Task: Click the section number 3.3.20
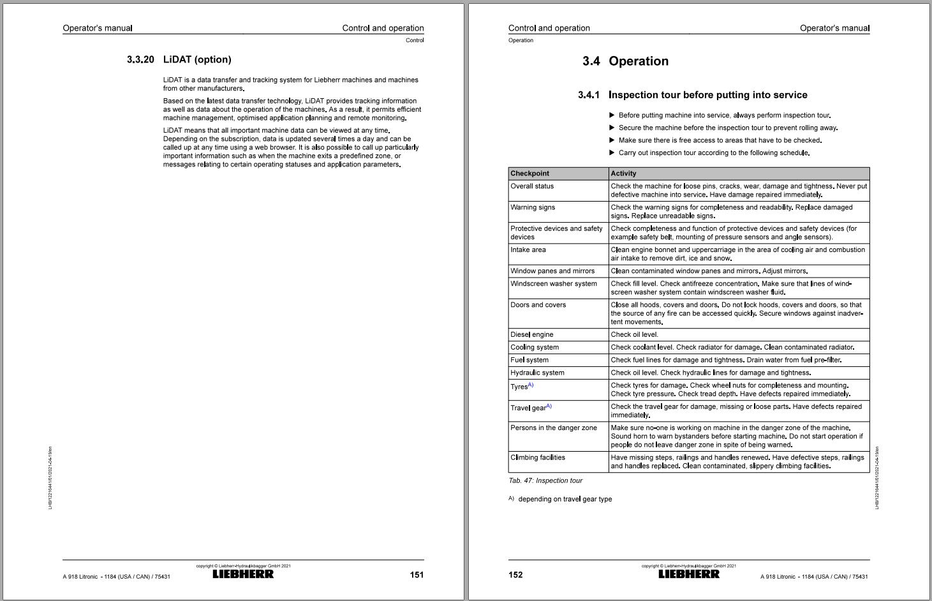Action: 140,60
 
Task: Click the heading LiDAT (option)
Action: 197,60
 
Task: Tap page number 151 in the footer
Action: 417,575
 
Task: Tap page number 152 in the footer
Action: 515,575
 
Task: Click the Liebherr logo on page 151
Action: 243,574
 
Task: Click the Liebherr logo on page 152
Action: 689,574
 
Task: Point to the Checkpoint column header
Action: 529,174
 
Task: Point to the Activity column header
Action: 623,174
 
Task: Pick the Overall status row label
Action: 532,186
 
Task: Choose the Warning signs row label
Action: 533,207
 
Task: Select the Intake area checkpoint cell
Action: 528,250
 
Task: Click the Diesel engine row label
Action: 532,335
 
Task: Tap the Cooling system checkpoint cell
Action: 535,348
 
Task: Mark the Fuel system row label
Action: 529,360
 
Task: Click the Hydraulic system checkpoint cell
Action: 537,373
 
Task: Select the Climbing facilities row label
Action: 538,457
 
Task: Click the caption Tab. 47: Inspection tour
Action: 545,481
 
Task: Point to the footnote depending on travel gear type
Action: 565,500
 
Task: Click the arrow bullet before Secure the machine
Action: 612,128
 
